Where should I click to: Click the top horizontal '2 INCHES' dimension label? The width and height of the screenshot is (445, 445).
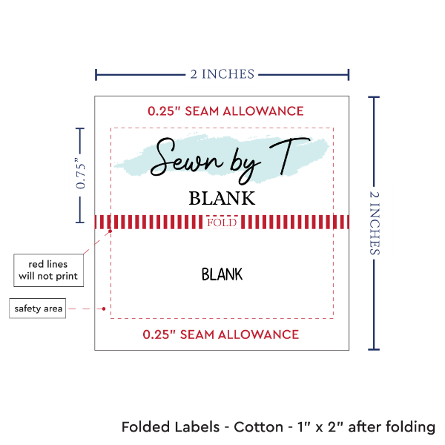point(222,73)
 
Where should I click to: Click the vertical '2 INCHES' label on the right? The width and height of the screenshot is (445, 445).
point(377,222)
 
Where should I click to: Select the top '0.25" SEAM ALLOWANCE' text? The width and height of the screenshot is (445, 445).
point(225,111)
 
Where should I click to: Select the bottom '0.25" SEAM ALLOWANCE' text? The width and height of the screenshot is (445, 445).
point(221,334)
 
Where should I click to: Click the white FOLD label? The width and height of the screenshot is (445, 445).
point(222,222)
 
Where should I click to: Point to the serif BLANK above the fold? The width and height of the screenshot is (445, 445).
point(222,199)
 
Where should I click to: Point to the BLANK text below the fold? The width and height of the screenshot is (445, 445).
point(222,274)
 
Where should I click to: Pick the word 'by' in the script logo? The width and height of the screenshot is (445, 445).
point(229,160)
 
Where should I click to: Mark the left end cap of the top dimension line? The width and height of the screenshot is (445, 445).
point(96,74)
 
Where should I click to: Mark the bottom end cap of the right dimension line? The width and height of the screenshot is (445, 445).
point(374,348)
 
